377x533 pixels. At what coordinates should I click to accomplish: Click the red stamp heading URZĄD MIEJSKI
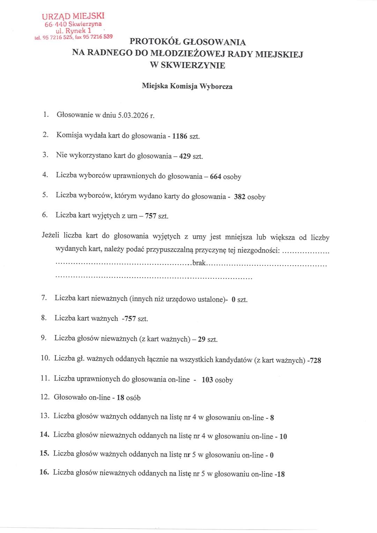(73, 16)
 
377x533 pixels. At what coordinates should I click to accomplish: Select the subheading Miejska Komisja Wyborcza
(187, 86)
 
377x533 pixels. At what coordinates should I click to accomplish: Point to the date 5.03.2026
(133, 116)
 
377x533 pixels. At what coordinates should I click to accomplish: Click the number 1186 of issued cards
(180, 136)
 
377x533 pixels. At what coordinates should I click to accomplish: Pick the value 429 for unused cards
(185, 156)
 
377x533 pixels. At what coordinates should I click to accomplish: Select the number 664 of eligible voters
(215, 177)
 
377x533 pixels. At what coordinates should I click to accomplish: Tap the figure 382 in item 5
(239, 197)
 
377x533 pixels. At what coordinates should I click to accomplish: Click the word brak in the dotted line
(199, 263)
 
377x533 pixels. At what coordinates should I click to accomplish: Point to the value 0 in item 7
(233, 299)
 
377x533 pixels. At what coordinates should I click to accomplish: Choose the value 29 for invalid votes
(201, 339)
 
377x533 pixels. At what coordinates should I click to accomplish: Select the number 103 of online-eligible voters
(207, 380)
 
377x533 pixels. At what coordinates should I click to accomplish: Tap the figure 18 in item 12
(120, 398)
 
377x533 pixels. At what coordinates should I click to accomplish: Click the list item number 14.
(44, 435)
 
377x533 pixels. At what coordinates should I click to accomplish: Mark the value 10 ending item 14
(283, 436)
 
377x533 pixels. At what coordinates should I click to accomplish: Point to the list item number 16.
(44, 472)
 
